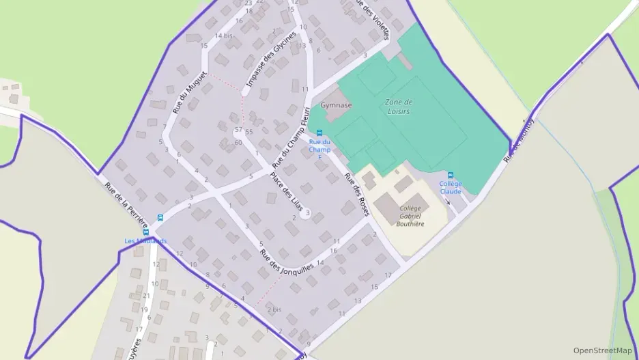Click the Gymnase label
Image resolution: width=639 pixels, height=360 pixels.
coord(336,106)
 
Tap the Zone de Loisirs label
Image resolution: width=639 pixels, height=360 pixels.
coord(398,107)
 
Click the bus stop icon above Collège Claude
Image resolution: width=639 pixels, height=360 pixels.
coord(450,176)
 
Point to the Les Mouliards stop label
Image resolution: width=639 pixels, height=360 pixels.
coord(145,240)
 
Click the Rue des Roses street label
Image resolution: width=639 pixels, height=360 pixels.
coord(356,195)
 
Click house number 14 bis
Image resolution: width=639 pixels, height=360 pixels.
coord(223,36)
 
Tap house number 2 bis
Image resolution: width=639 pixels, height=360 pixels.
coord(274,309)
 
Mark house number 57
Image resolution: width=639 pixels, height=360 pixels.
coord(238,129)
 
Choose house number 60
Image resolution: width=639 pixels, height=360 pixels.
coord(238,142)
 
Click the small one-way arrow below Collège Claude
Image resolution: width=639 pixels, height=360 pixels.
coord(448,202)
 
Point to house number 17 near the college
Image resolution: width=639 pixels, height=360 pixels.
coord(388,275)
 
